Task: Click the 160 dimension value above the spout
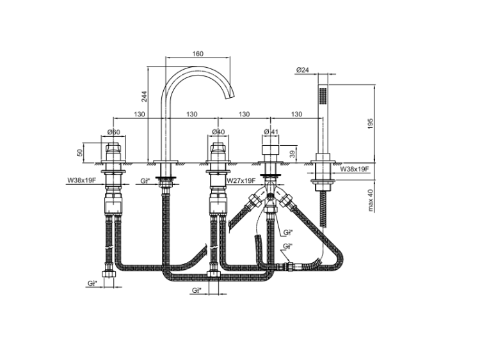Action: [x=198, y=54]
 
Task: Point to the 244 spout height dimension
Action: [x=144, y=96]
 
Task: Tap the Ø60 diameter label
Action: [x=115, y=132]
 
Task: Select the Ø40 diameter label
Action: [x=218, y=132]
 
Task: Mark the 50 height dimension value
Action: [x=80, y=153]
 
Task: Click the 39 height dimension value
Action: [x=292, y=153]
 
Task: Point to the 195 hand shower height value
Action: [x=369, y=123]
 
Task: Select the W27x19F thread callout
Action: [x=242, y=181]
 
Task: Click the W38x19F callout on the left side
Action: [x=81, y=181]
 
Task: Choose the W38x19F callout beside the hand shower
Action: [x=355, y=169]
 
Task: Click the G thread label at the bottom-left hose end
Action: [x=92, y=283]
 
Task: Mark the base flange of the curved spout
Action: [x=166, y=160]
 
